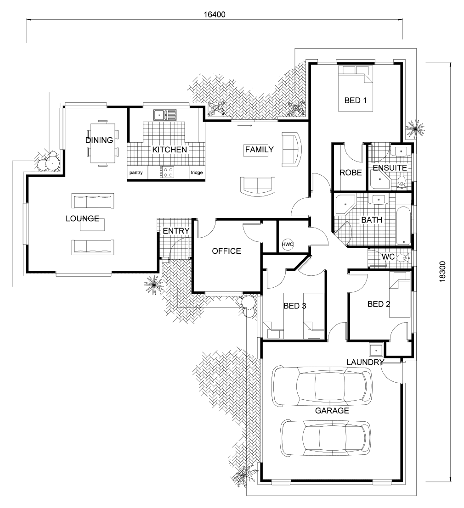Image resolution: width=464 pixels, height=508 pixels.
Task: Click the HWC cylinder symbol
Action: click(287, 244)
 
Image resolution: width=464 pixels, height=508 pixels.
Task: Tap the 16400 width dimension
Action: click(215, 15)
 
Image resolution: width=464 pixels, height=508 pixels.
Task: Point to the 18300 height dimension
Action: click(442, 272)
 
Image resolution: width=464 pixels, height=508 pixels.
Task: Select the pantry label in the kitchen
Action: click(136, 173)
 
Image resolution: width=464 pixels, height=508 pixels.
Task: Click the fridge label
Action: click(197, 173)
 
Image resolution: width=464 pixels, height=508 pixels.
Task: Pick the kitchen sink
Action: click(165, 115)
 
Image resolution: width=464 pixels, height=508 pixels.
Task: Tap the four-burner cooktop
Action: click(167, 172)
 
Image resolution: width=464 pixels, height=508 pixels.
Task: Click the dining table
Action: click(102, 143)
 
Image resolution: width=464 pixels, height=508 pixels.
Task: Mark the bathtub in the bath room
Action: click(404, 226)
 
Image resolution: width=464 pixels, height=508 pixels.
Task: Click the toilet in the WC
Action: click(403, 258)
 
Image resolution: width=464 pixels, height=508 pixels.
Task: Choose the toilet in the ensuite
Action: click(402, 183)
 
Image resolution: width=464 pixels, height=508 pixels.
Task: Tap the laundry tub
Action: click(376, 350)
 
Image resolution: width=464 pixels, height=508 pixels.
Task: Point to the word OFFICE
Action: click(226, 251)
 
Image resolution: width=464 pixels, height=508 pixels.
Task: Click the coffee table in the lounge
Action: click(92, 225)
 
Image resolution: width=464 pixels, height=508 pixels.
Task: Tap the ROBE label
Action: click(351, 173)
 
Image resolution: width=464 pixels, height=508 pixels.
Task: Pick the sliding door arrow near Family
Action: click(244, 125)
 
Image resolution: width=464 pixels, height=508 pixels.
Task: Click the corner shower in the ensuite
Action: click(379, 180)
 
